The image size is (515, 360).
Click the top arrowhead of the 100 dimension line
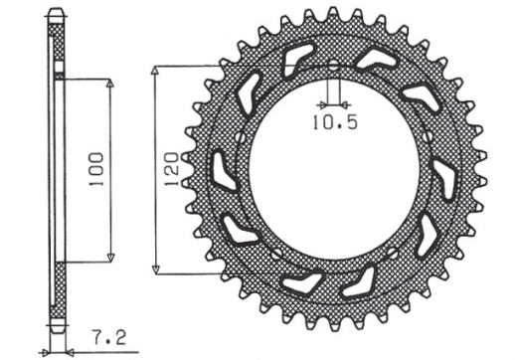click(107, 79)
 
